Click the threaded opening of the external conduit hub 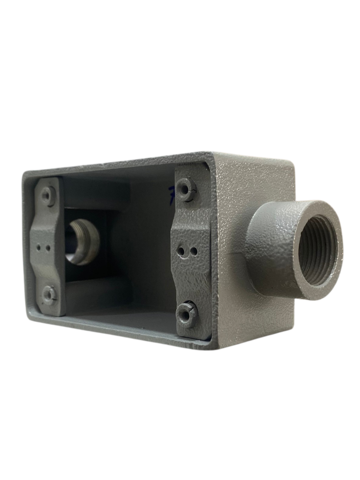(x=317, y=250)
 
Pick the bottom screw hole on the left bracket (x=49, y=295)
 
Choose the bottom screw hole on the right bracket (x=187, y=314)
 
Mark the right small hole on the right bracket (x=193, y=252)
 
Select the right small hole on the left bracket (x=48, y=247)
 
